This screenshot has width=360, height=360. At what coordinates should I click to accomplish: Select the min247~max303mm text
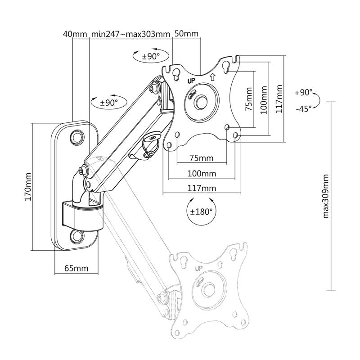pos(130,34)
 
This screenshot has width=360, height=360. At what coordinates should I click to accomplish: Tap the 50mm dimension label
pos(186,34)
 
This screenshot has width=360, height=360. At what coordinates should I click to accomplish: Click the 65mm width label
pos(76,269)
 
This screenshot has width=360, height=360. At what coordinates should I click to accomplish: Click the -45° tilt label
pos(304,108)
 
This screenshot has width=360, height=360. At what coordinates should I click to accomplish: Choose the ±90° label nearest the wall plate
pos(108,103)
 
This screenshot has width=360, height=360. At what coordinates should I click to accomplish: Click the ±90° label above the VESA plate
pos(151,57)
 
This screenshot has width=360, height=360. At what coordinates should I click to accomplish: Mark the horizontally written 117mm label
pos(202,188)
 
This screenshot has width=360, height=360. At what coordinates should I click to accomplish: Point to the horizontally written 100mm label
pos(202,174)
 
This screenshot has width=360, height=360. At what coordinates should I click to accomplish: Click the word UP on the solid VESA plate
pos(191,81)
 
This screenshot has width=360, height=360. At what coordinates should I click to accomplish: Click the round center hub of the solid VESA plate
pos(201,101)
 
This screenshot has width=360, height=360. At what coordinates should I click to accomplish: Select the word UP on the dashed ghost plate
pos(198,269)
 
